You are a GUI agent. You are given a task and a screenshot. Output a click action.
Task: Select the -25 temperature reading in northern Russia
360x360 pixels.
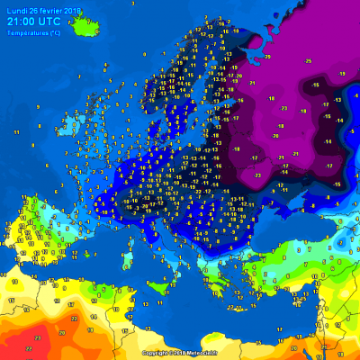308,60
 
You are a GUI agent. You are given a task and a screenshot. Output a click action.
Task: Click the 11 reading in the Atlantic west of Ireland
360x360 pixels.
15,131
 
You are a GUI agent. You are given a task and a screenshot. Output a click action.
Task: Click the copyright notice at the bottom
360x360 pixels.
180,353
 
